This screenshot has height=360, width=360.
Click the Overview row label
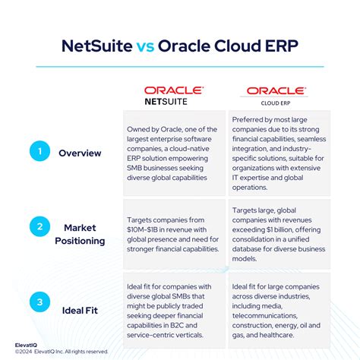point(80,153)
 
